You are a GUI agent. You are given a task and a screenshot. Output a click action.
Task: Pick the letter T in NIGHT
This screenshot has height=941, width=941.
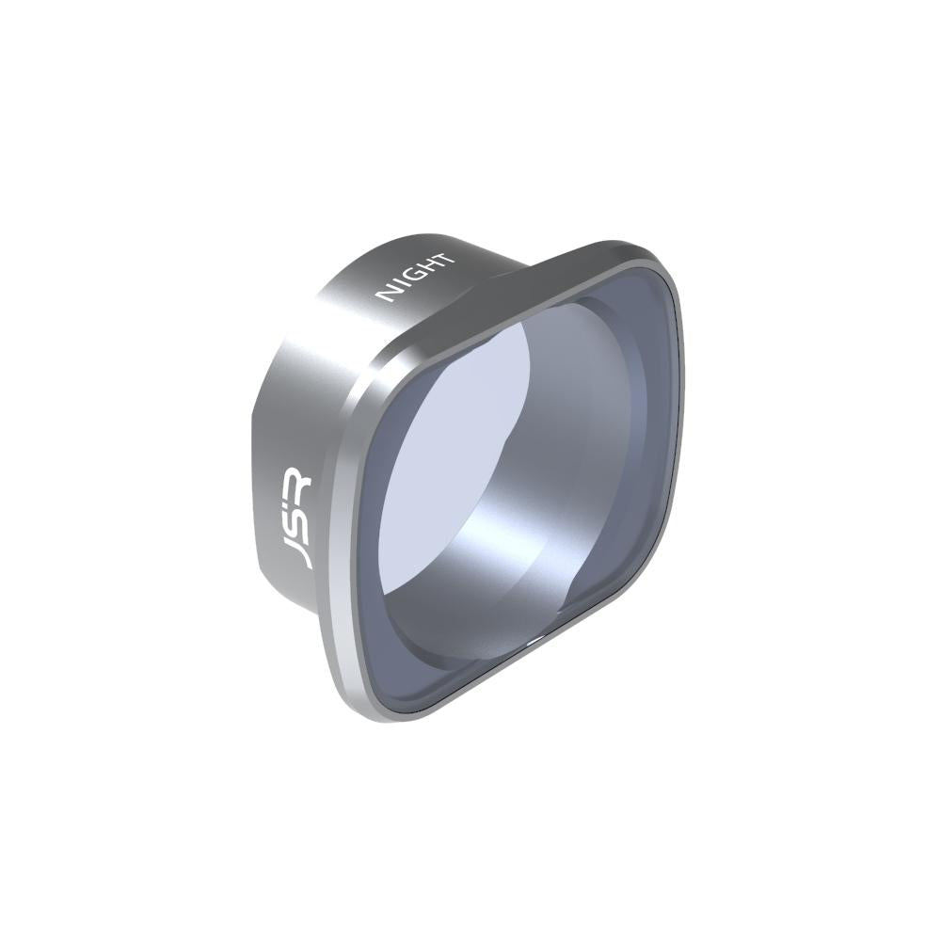446,257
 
